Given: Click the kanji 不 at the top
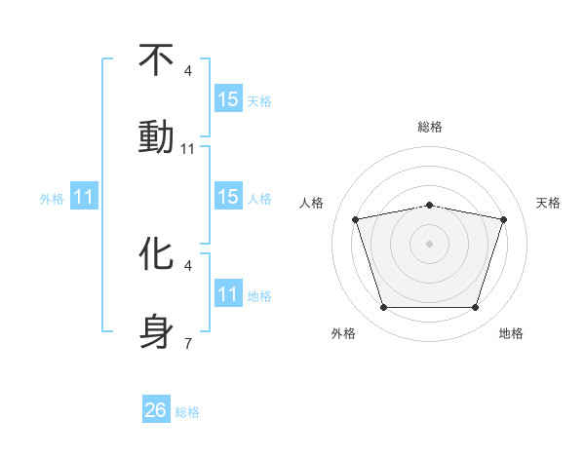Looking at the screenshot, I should [156, 60].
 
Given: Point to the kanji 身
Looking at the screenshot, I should [156, 329].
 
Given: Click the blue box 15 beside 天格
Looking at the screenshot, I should [228, 99].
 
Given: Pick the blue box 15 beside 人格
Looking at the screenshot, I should [228, 197].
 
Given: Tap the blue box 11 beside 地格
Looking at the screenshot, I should [228, 294].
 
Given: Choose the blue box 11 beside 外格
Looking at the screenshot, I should [84, 197].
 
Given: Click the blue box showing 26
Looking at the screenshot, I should [156, 410].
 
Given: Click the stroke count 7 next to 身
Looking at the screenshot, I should [188, 344].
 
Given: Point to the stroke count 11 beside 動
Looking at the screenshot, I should [188, 149].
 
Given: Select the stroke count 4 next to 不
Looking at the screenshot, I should [188, 71].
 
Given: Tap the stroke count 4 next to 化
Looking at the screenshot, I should [188, 265].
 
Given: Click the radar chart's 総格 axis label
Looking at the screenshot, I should [430, 127].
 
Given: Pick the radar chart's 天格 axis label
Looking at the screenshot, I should [549, 203].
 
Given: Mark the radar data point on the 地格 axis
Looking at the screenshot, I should [476, 308].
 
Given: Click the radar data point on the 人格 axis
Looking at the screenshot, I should [355, 219].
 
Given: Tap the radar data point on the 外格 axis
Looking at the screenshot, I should [383, 308].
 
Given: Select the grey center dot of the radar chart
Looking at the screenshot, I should [429, 244].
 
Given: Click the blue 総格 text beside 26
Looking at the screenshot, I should [187, 411].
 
